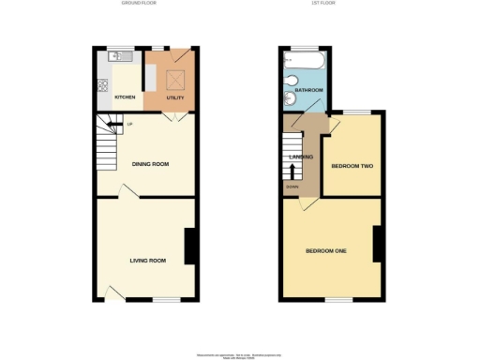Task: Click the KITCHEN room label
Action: pyautogui.click(x=125, y=97)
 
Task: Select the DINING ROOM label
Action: pyautogui.click(x=150, y=164)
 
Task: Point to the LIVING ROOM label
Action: pyautogui.click(x=148, y=260)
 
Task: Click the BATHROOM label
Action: pyautogui.click(x=310, y=90)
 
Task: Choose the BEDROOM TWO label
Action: pyautogui.click(x=352, y=167)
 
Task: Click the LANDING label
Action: pyautogui.click(x=301, y=157)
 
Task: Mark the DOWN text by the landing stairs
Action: pyautogui.click(x=292, y=187)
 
